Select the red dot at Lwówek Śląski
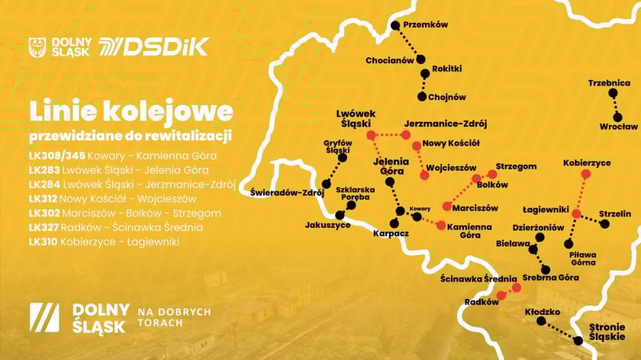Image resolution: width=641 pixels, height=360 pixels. (x=371, y=135)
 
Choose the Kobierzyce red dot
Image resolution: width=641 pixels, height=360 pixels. (x=585, y=174)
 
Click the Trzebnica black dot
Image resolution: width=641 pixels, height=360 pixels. (x=612, y=93)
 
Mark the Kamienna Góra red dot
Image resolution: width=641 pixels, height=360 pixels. (x=440, y=224)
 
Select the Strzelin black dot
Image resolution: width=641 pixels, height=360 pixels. (x=605, y=224)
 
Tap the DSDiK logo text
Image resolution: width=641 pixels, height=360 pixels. (x=163, y=47)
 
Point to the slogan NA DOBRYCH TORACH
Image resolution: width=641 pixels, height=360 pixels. (x=174, y=317)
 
